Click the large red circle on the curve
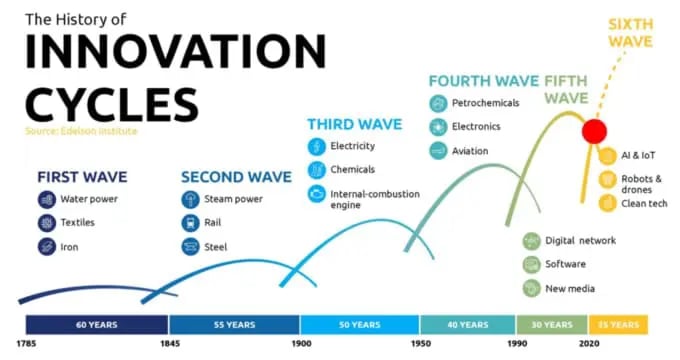pyautogui.click(x=596, y=131)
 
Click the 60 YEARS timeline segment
pyautogui.click(x=97, y=324)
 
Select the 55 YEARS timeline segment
pyautogui.click(x=235, y=324)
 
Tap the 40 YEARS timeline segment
pyautogui.click(x=468, y=324)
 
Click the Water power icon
pyautogui.click(x=47, y=199)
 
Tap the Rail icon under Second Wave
pyautogui.click(x=190, y=223)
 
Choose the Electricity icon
pyautogui.click(x=315, y=147)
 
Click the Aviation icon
pyautogui.click(x=437, y=151)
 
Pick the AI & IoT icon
pyautogui.click(x=606, y=156)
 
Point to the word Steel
pyautogui.click(x=215, y=247)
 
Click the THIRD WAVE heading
pyautogui.click(x=354, y=124)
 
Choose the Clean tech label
pyautogui.click(x=646, y=205)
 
